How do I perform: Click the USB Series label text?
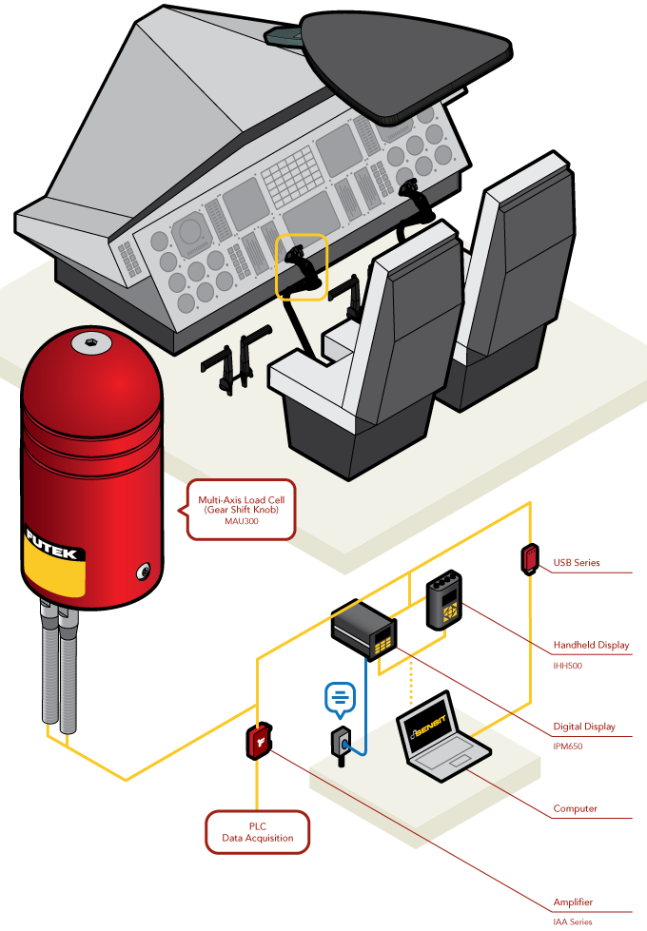(x=577, y=562)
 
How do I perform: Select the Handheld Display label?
(x=591, y=645)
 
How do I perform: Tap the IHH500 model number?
(x=568, y=666)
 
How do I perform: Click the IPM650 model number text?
(x=568, y=747)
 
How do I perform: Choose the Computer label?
(x=576, y=808)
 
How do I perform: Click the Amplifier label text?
(x=574, y=902)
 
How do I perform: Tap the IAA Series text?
(x=573, y=921)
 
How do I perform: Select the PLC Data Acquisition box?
(x=258, y=831)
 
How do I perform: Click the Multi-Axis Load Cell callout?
(x=242, y=509)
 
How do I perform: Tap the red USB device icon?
(x=529, y=558)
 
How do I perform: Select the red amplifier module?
(x=259, y=741)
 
